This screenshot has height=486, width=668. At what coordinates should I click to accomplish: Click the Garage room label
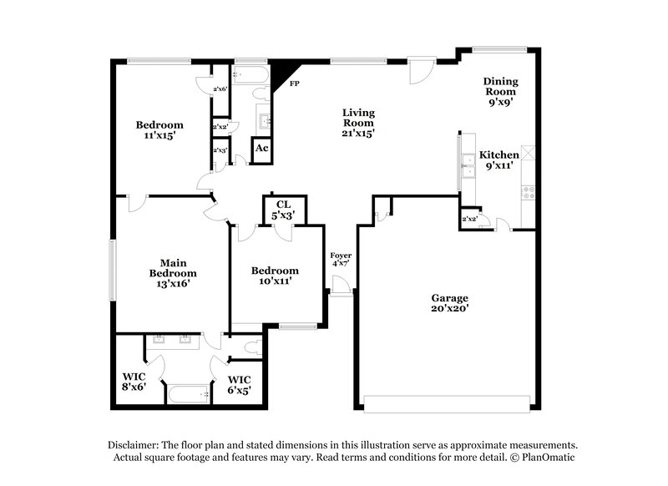click(x=449, y=303)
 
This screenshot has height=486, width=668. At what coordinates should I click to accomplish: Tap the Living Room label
click(x=358, y=123)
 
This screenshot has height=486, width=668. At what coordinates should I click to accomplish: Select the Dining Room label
click(x=500, y=92)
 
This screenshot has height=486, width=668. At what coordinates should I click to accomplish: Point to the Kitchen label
click(x=498, y=159)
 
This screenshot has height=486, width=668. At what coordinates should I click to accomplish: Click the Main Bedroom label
click(x=173, y=273)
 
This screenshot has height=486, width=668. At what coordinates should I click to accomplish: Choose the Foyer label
click(x=341, y=259)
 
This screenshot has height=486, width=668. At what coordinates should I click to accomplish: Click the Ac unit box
click(x=261, y=150)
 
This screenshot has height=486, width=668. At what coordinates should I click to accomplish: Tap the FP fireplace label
click(x=294, y=84)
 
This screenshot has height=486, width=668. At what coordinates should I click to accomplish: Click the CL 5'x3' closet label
click(x=283, y=210)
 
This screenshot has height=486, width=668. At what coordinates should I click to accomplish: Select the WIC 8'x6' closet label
click(x=134, y=382)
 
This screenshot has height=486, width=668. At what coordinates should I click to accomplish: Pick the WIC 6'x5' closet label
click(x=239, y=385)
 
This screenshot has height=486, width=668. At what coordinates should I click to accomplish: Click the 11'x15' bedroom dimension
click(x=159, y=135)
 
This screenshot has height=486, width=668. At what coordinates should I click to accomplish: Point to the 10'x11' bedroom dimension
click(x=276, y=281)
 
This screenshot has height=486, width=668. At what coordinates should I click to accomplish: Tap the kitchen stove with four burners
click(x=529, y=192)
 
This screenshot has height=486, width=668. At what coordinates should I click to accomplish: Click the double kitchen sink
click(x=468, y=166)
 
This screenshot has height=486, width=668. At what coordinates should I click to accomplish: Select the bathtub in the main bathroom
click(x=189, y=394)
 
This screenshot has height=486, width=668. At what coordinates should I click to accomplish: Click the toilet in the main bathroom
click(x=254, y=347)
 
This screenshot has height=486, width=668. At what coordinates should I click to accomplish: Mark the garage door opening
click(x=447, y=404)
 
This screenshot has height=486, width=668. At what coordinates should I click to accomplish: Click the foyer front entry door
click(x=341, y=285)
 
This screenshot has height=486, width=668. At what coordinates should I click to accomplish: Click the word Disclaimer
click(x=134, y=445)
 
